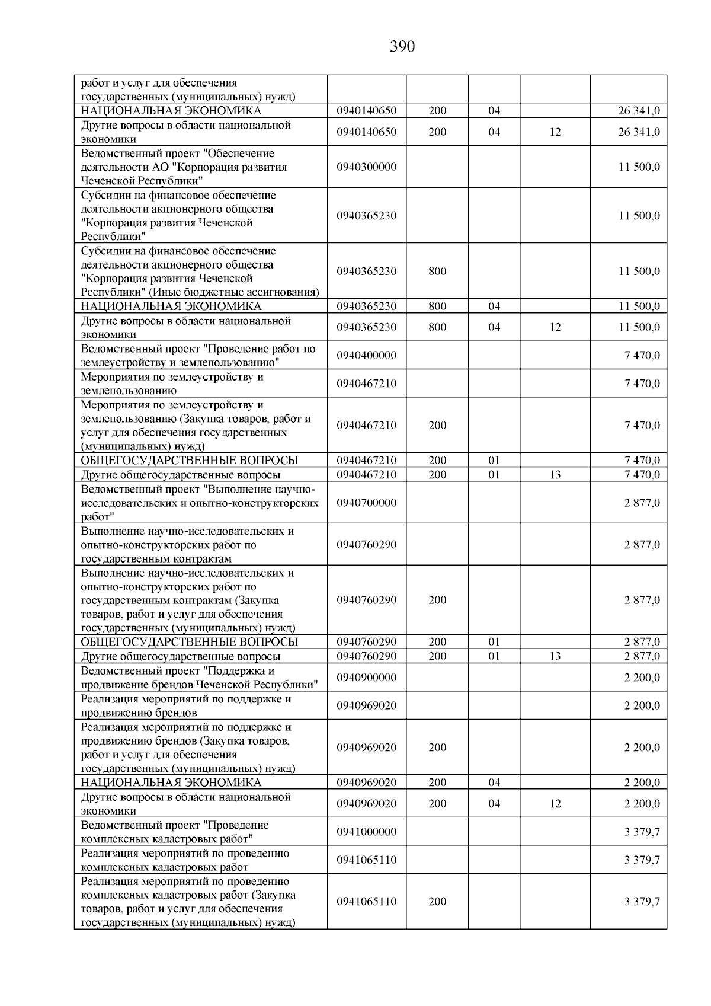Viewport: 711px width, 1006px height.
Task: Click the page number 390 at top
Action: [x=402, y=47]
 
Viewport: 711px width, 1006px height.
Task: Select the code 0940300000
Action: [x=366, y=167]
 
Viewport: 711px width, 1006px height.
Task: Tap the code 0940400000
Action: [x=366, y=355]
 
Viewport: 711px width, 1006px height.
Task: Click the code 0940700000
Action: [x=366, y=503]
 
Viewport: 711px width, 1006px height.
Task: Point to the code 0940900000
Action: [x=366, y=678]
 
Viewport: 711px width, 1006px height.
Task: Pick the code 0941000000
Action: [x=366, y=832]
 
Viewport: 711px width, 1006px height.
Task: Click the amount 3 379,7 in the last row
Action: [x=642, y=902]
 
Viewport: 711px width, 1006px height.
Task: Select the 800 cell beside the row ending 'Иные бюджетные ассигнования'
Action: [x=437, y=272]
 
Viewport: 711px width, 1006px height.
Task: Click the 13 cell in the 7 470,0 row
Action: [x=555, y=474]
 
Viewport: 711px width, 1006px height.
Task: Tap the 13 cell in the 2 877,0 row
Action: [x=555, y=656]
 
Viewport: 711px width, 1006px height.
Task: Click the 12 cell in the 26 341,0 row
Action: [x=555, y=132]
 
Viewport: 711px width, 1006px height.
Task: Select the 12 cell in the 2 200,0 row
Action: [x=555, y=804]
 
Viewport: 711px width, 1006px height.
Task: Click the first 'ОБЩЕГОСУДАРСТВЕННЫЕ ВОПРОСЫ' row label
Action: [x=189, y=461]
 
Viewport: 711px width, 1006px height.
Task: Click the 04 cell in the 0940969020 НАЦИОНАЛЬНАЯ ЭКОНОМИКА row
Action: [x=494, y=783]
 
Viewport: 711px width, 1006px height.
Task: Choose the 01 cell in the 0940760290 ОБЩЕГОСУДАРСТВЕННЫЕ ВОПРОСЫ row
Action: [x=494, y=642]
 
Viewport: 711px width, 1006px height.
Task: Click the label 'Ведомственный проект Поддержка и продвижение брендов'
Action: [x=199, y=678]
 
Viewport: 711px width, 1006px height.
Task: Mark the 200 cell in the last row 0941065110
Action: [x=437, y=902]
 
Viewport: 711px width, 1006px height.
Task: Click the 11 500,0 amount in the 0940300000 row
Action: [x=639, y=167]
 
